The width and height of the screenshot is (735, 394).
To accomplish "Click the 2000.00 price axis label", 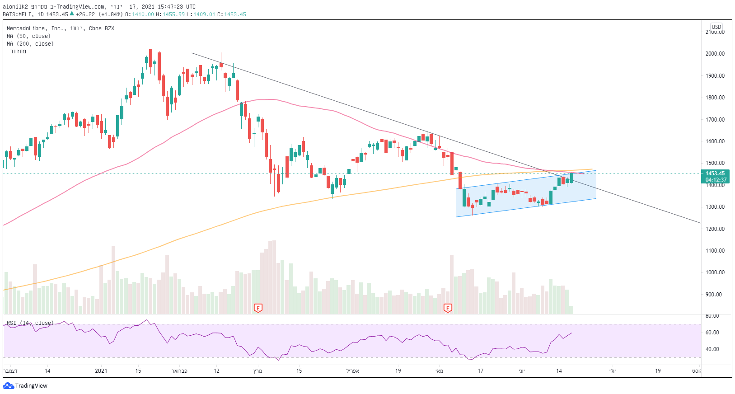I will click(x=715, y=54).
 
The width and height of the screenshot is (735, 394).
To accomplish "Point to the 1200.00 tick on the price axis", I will click(x=715, y=229).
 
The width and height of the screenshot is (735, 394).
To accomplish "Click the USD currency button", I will click(x=716, y=27).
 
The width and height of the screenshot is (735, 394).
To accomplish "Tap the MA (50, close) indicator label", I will click(x=28, y=36).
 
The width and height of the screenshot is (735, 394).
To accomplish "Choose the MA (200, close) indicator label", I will click(x=30, y=44).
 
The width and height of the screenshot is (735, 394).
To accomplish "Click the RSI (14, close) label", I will click(x=30, y=323).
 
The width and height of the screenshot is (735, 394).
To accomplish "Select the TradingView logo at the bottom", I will click(x=25, y=386).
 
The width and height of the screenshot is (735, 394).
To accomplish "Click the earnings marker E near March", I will click(x=258, y=308).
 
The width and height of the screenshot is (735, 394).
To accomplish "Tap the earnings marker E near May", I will click(x=448, y=308).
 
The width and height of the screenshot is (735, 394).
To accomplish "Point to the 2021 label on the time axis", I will click(x=101, y=371).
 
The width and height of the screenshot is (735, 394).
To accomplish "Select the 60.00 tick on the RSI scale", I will click(x=712, y=333).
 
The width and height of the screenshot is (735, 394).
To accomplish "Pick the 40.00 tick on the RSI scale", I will click(x=712, y=349).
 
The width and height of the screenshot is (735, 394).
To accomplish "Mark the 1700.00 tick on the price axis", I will click(x=715, y=120).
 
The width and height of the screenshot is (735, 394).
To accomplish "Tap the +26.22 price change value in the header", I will click(x=85, y=14).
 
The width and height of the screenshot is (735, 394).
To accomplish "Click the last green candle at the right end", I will click(x=572, y=178).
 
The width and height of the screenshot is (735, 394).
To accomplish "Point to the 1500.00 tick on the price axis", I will click(x=715, y=163).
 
